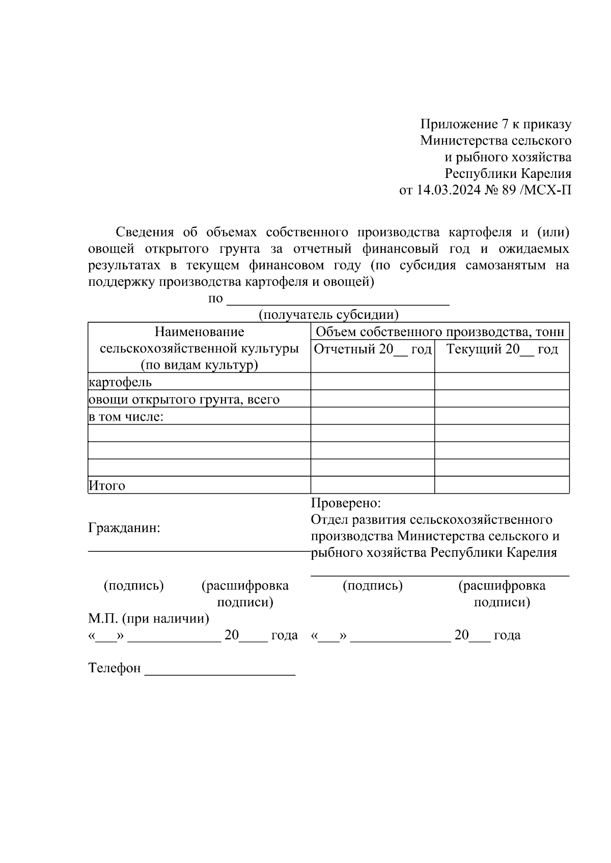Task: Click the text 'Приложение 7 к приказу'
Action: tap(495, 124)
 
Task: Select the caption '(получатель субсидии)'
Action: tap(328, 315)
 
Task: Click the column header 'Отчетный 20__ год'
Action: tap(373, 349)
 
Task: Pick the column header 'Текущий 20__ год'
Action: tap(502, 349)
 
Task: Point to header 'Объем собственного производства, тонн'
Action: tap(440, 332)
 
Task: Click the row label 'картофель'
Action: tap(120, 382)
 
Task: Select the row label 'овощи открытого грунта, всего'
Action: tap(184, 399)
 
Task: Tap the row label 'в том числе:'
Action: tap(126, 417)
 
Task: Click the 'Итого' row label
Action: tap(107, 486)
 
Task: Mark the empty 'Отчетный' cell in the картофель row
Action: tap(373, 381)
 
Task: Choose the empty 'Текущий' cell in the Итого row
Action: tap(502, 485)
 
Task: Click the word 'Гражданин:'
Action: tap(124, 528)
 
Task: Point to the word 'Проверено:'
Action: tap(346, 503)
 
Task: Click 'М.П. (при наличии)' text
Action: tap(148, 619)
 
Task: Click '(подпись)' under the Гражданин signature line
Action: tap(134, 586)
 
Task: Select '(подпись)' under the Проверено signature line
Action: tap(373, 586)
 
